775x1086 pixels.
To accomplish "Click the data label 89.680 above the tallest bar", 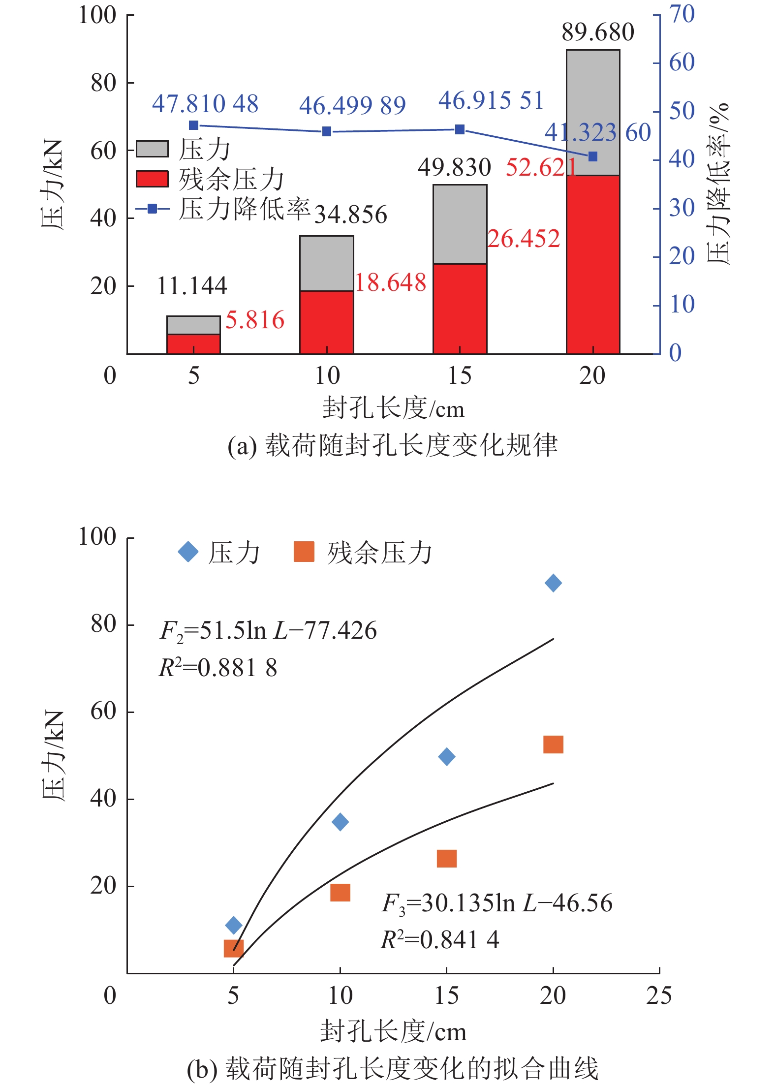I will click(598, 32).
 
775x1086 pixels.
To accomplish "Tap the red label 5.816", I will click(255, 320).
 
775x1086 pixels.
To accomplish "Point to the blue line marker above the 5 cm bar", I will click(193, 125).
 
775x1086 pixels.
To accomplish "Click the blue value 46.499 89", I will click(352, 106).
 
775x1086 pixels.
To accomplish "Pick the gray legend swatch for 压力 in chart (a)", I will click(152, 149).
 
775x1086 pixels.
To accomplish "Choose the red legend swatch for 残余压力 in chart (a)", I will click(152, 179).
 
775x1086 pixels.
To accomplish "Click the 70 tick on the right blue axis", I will click(682, 14).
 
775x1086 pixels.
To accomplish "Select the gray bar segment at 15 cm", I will click(460, 224).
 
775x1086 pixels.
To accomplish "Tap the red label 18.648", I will click(390, 283).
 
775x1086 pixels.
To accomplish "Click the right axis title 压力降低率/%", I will click(718, 185).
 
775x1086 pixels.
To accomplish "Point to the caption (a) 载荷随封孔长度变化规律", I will click(392, 445).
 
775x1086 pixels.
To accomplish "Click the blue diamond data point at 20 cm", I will click(553, 583).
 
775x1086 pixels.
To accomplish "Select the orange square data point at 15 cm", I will click(447, 858).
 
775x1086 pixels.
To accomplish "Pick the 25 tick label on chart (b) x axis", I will click(659, 995).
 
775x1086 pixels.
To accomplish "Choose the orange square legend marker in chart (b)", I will click(304, 552).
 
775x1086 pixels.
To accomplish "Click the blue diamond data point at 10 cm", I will click(340, 821).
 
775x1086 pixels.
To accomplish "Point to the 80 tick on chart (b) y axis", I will click(103, 624).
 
